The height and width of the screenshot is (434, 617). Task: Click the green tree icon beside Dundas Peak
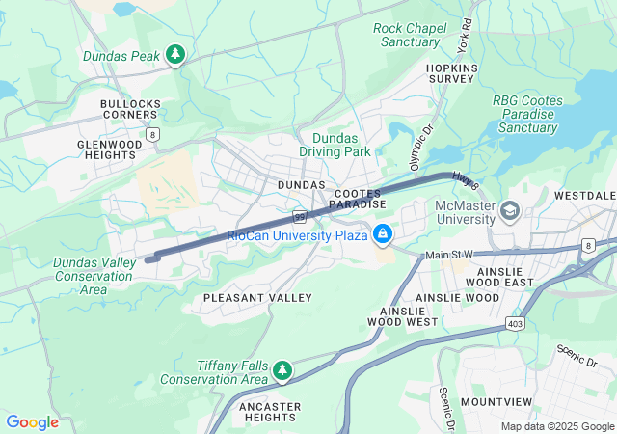click(x=174, y=56)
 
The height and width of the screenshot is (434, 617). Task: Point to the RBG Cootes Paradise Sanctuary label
click(x=524, y=114)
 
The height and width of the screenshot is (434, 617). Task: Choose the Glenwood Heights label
click(x=109, y=149)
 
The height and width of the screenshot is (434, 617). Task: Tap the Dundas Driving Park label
click(x=341, y=146)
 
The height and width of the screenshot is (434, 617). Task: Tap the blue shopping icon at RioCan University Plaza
click(x=383, y=234)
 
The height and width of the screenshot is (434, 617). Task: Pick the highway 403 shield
click(x=516, y=324)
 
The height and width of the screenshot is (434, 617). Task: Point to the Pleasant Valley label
click(x=257, y=299)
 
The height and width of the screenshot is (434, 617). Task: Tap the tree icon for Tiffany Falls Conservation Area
click(x=282, y=370)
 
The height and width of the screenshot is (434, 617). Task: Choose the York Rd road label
click(x=466, y=36)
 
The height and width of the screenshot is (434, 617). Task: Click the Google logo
click(x=32, y=422)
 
